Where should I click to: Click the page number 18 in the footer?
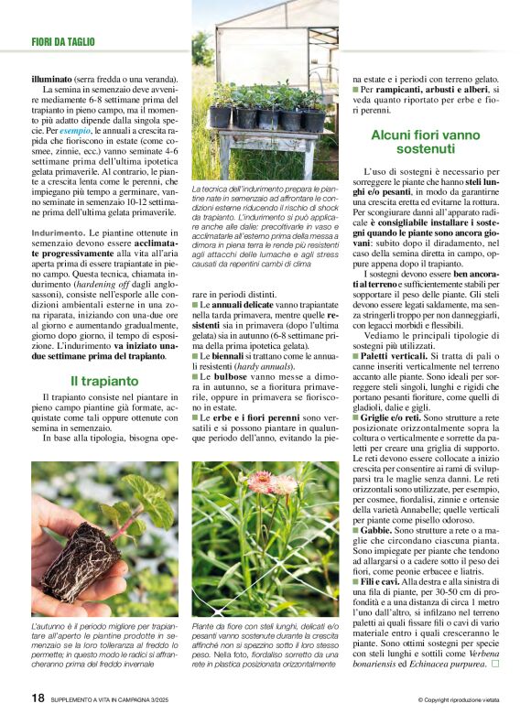pyautogui.click(x=38, y=698)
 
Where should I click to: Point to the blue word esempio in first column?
pyautogui.click(x=75, y=132)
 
